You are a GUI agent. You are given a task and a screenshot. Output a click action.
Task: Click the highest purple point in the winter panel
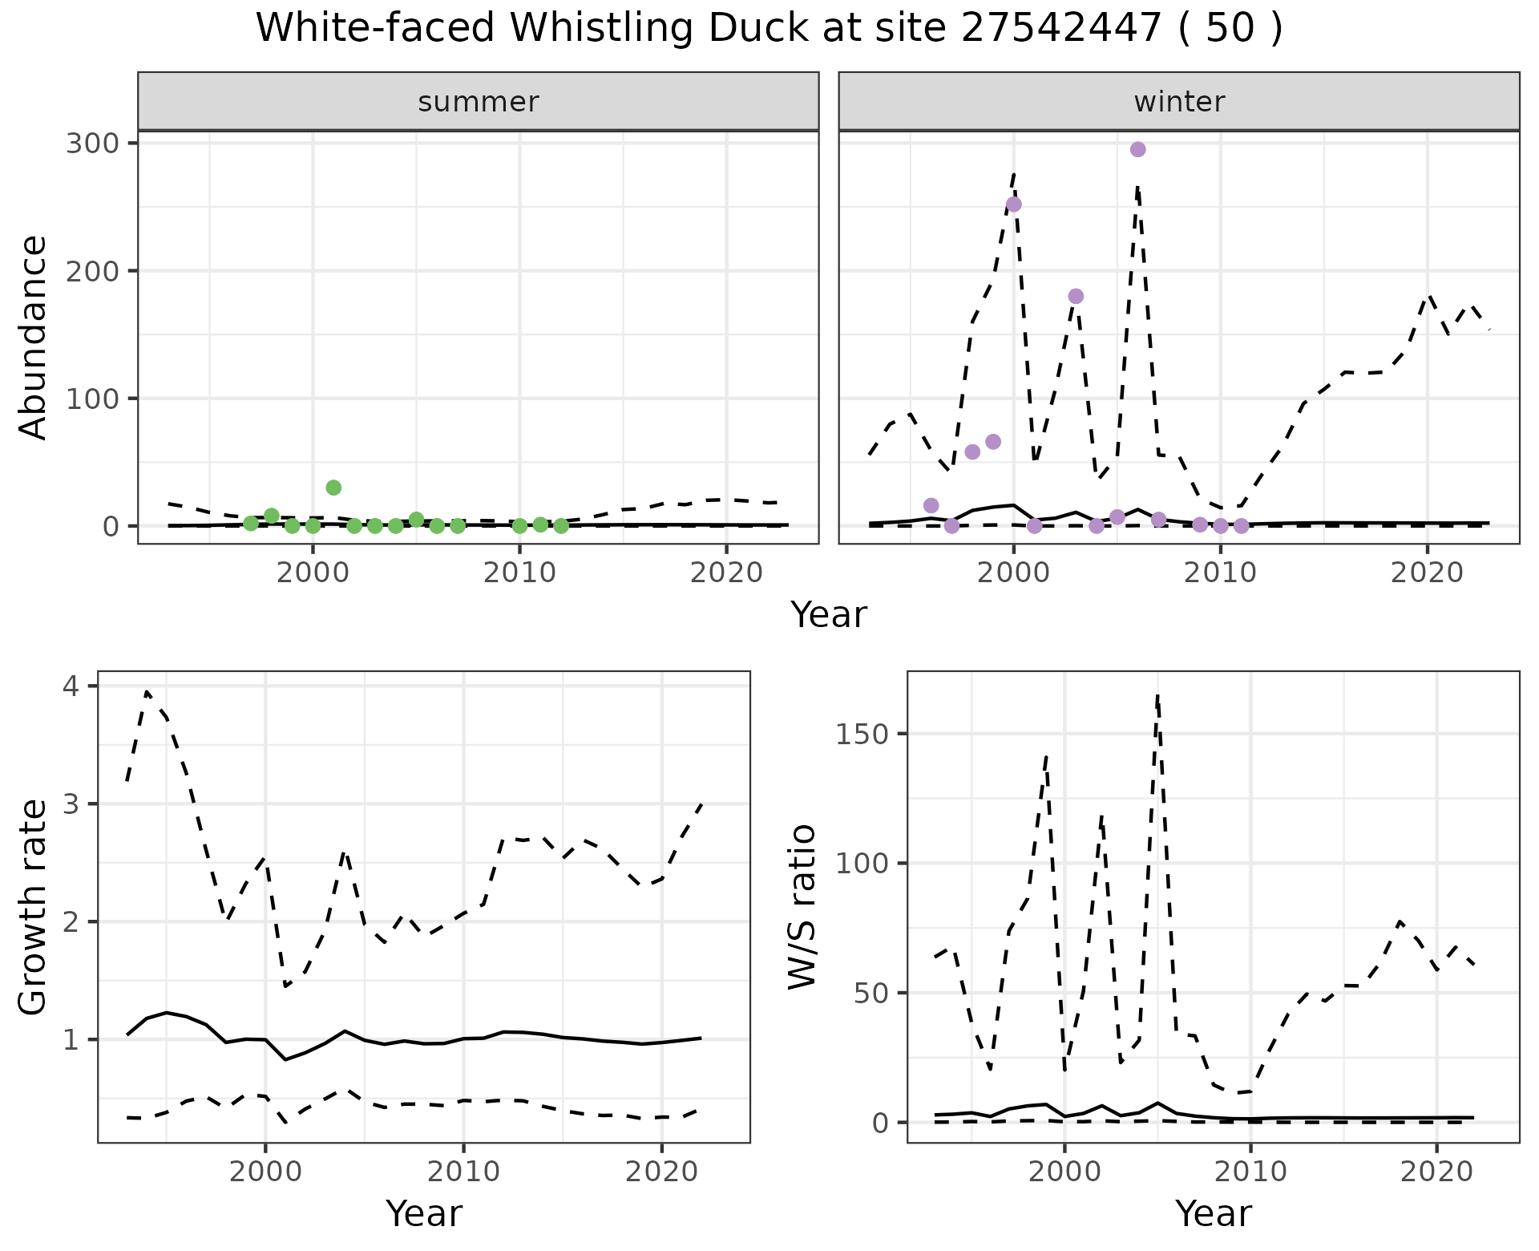pos(1137,150)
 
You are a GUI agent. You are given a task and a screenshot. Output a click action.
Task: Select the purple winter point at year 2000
pos(1013,204)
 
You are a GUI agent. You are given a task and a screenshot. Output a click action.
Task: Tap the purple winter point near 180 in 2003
pos(1076,297)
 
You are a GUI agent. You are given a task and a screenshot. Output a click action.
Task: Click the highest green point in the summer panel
pos(333,488)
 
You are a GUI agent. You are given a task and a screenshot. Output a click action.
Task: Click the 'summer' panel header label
pos(479,102)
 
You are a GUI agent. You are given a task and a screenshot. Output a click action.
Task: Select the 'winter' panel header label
pos(1179,102)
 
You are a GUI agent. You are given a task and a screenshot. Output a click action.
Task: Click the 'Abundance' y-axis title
pos(34,337)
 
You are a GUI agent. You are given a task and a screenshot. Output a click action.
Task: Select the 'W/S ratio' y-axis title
pos(802,907)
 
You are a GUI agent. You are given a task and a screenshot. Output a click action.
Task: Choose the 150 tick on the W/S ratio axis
pos(862,735)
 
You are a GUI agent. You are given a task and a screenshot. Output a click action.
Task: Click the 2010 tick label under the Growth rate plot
pos(463,1172)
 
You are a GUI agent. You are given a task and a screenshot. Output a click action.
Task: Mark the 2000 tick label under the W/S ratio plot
pos(1064,1172)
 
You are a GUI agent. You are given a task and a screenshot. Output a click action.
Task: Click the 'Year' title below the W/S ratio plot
pos(1213,1214)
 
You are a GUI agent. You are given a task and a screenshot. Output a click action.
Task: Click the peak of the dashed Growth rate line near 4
pos(147,691)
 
